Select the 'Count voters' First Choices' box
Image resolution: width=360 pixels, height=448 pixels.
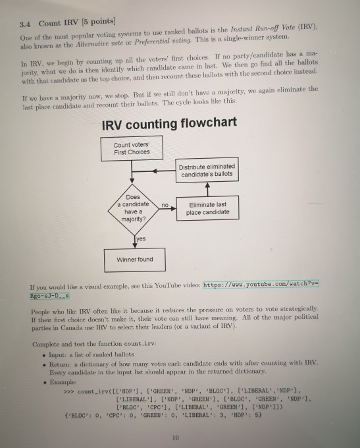[132, 148]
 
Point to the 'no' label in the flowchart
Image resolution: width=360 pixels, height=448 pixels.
[167, 206]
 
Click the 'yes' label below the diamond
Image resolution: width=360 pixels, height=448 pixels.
[141, 240]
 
